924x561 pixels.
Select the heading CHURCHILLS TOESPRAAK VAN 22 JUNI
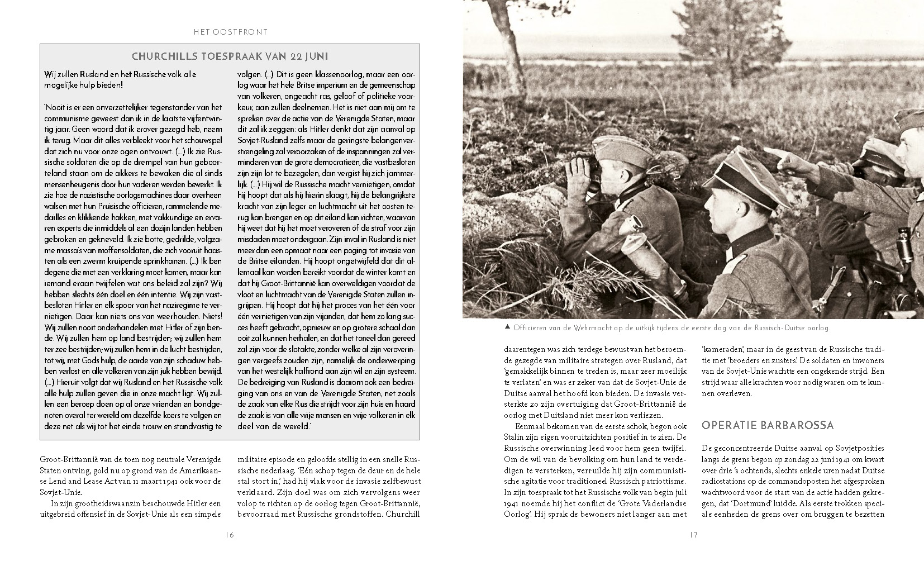coord(230,56)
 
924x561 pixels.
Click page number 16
coord(230,535)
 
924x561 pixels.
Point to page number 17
coord(693,535)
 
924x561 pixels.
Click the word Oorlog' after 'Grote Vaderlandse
coord(517,514)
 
